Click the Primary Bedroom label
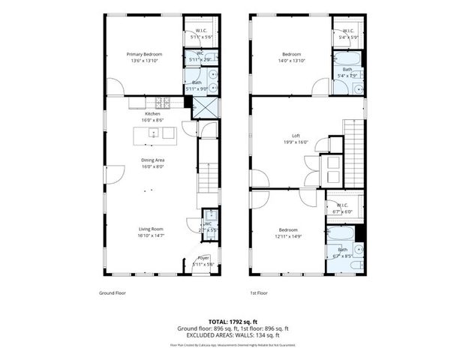click(x=144, y=55)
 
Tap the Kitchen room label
click(x=153, y=114)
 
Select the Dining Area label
click(x=153, y=160)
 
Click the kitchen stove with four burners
click(x=164, y=102)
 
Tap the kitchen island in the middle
click(x=154, y=134)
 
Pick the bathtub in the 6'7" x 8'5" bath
click(x=344, y=265)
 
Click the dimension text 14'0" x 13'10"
click(x=291, y=61)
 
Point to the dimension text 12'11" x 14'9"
click(x=288, y=235)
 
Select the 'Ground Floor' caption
click(x=113, y=293)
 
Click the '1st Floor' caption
click(x=260, y=293)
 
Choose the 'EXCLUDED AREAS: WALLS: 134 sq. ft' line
click(x=233, y=335)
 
